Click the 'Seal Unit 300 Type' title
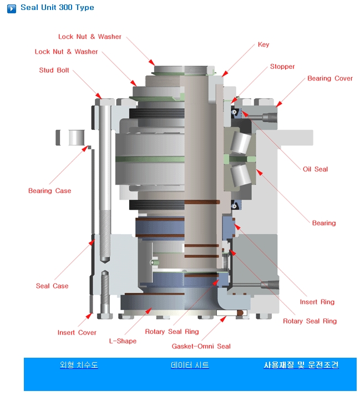pos(57,8)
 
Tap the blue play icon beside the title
pos(11,8)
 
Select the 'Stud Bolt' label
pos(54,70)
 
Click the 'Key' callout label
pos(263,44)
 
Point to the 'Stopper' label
pos(282,67)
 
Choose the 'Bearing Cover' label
pos(330,78)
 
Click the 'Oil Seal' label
pos(315,169)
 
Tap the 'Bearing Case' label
pos(49,191)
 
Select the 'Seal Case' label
pos(52,286)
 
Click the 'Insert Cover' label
pos(77,333)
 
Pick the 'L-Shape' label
pos(123,341)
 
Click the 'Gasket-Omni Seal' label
pos(201,347)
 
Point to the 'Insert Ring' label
pos(317,302)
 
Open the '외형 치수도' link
pos(79,365)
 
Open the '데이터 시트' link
pos(190,365)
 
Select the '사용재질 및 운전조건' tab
pos(301,365)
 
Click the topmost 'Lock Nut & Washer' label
pos(90,37)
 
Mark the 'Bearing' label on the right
pos(324,223)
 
